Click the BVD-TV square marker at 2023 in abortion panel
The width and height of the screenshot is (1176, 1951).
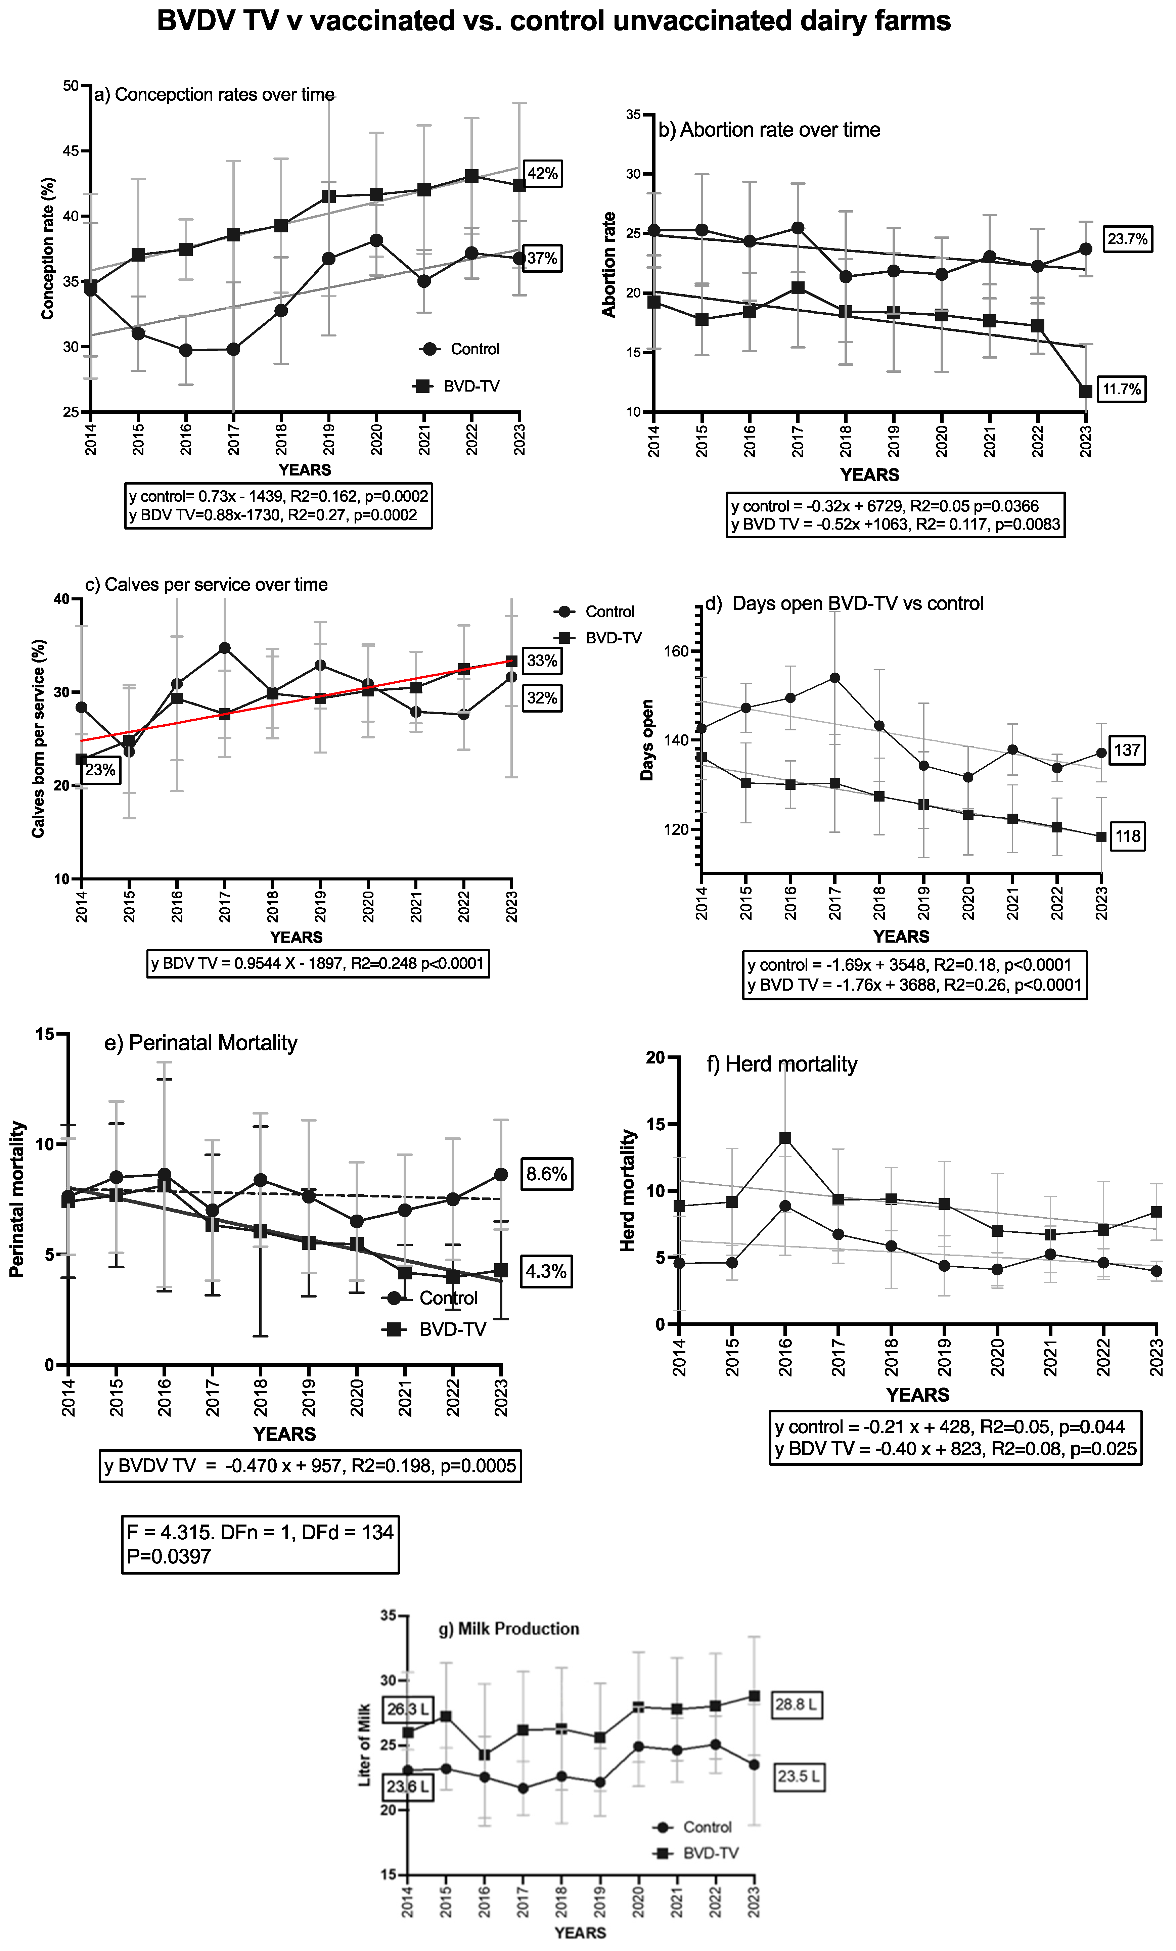[1086, 391]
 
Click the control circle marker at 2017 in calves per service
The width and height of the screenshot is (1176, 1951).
[225, 648]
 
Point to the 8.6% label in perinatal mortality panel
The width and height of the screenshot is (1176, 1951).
[546, 1173]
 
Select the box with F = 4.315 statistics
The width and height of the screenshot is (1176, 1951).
[260, 1544]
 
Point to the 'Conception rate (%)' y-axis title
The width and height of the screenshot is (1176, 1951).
[48, 248]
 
